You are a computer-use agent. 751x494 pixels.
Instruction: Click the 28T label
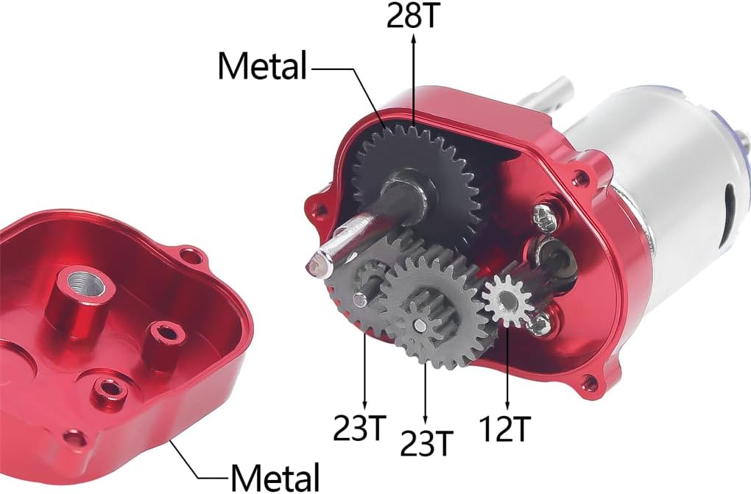point(412,15)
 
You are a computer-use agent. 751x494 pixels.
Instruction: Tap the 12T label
point(505,428)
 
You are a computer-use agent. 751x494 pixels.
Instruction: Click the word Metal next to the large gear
point(262,66)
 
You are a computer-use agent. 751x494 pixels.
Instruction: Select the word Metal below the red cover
point(275,477)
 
